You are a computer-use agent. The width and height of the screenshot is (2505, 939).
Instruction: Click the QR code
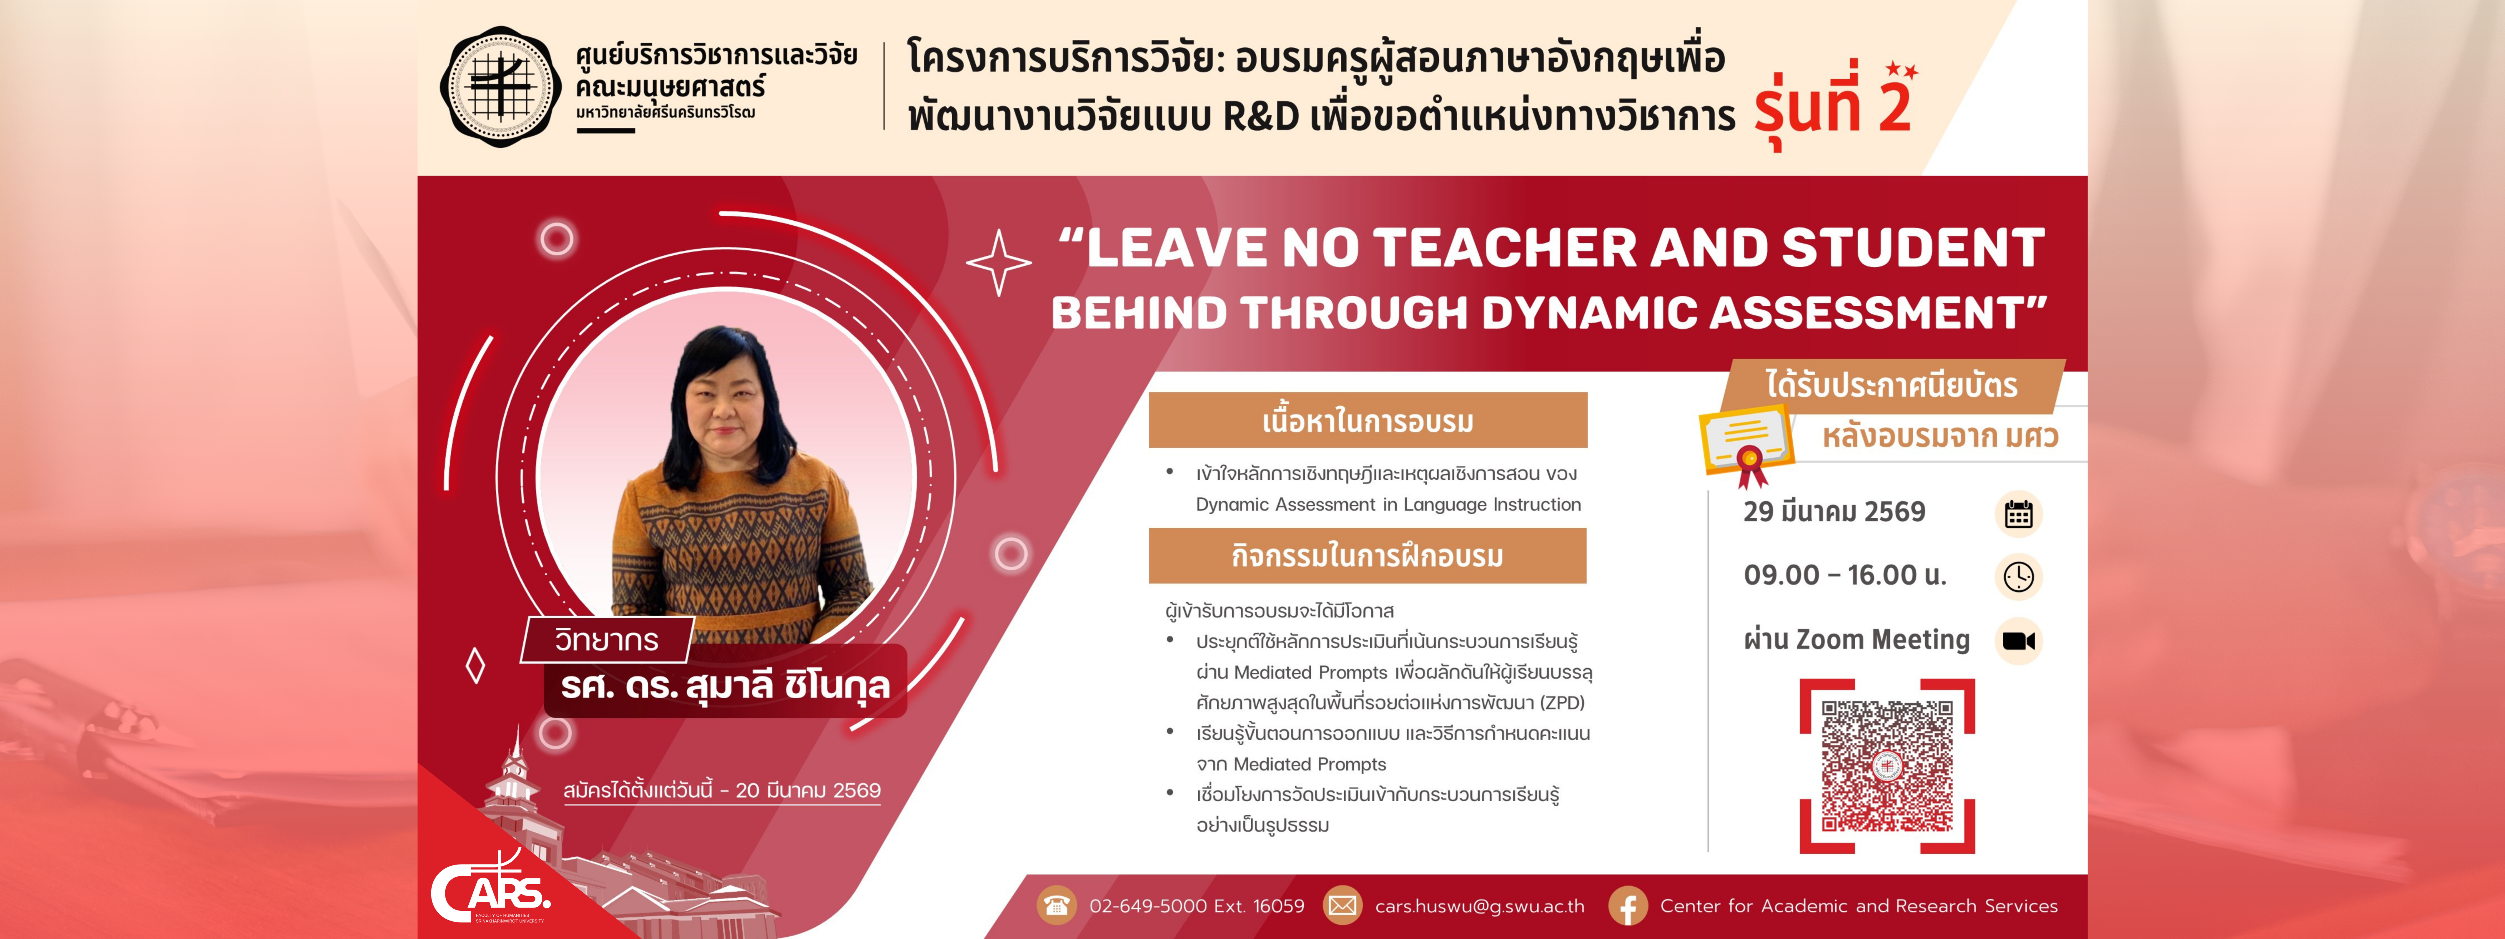[x=1887, y=766]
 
